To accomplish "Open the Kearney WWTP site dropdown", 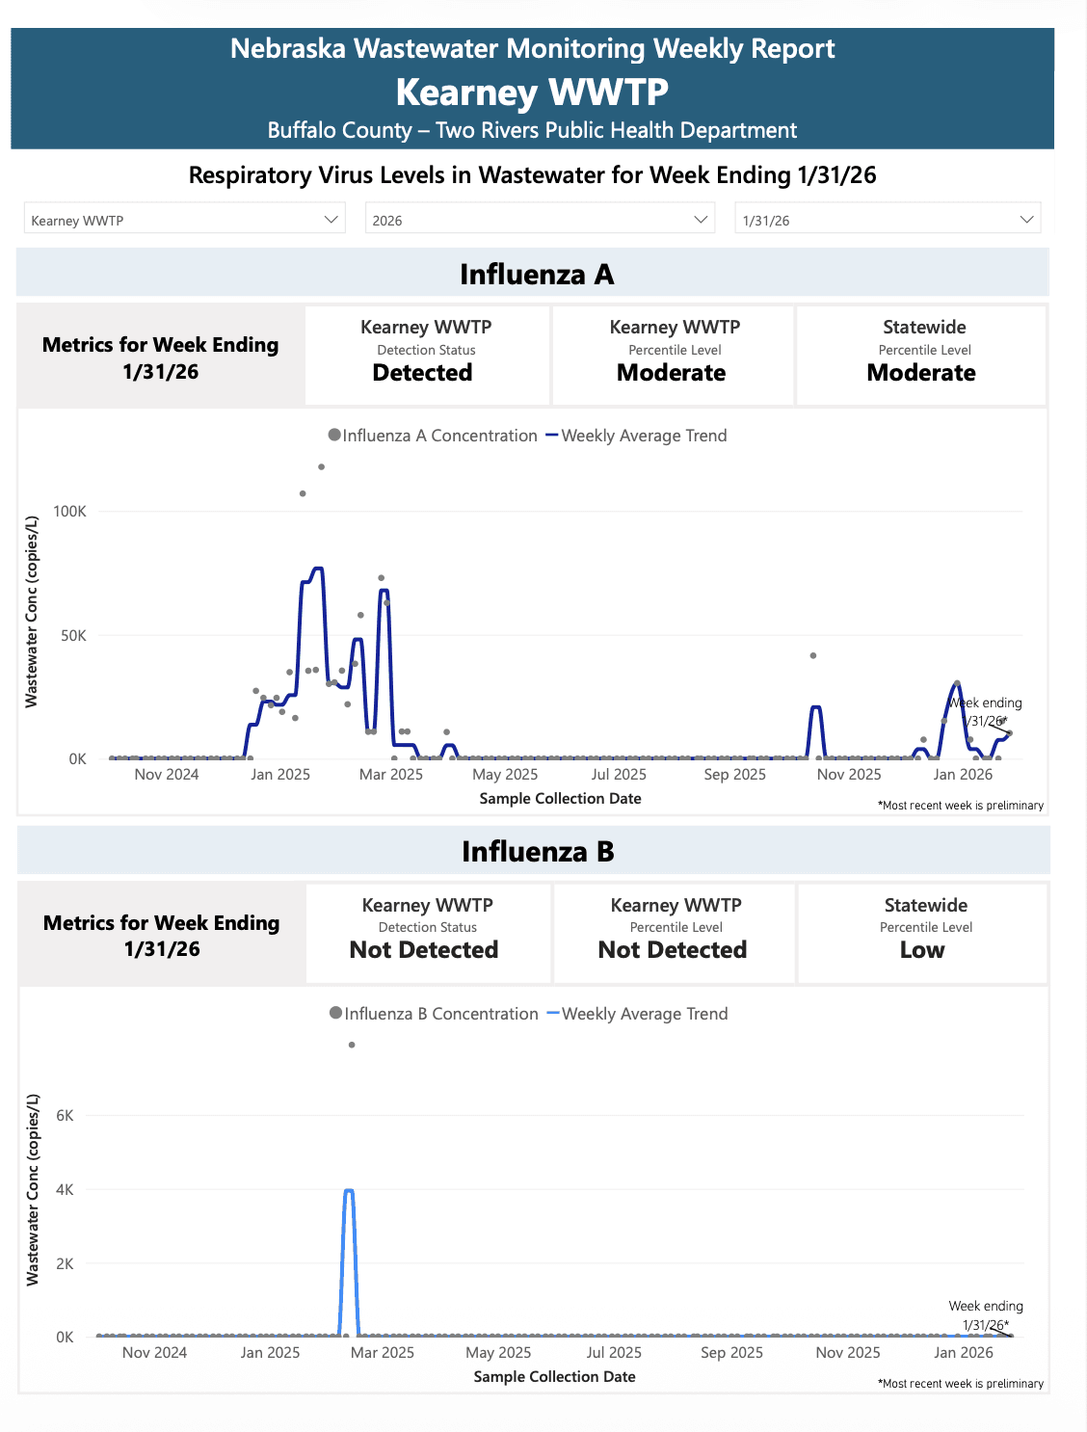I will click(x=183, y=220).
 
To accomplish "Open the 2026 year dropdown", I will click(x=540, y=220).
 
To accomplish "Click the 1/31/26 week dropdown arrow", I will click(x=1026, y=220).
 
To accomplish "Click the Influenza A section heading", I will click(x=536, y=275).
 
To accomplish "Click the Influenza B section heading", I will click(x=537, y=852).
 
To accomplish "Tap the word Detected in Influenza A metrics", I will click(x=422, y=373).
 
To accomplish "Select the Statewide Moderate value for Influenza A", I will click(x=920, y=373).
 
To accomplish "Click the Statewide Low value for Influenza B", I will click(x=921, y=950).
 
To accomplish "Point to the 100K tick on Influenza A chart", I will click(x=69, y=512).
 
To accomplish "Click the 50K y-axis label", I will click(x=73, y=636).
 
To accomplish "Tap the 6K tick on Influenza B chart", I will click(x=65, y=1116).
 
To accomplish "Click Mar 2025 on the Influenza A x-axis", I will click(x=390, y=775).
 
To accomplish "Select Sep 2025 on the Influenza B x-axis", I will click(x=731, y=1353).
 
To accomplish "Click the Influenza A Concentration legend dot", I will click(x=334, y=436).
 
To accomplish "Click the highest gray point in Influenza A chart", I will click(x=321, y=467).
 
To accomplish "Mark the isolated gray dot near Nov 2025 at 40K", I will click(x=813, y=655).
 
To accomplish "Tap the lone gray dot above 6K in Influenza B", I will click(x=352, y=1045).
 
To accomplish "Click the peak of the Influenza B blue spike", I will click(x=349, y=1191).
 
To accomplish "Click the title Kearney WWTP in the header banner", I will click(x=532, y=93).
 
